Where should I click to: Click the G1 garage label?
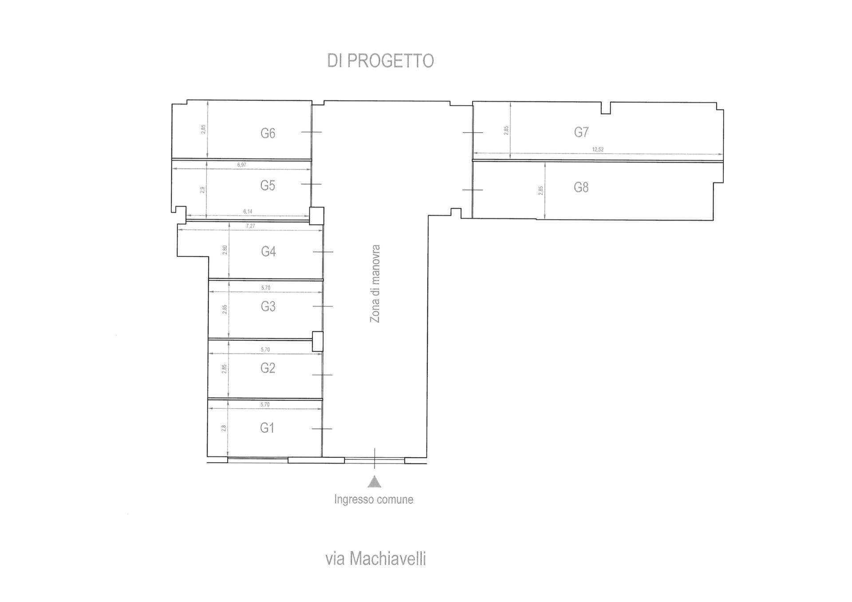(267, 428)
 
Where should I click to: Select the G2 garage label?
(268, 368)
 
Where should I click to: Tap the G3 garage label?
(268, 307)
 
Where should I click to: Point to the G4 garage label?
(268, 252)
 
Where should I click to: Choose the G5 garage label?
(268, 185)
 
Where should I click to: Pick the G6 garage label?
(268, 134)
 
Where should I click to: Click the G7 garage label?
(581, 132)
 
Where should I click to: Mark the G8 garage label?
(581, 188)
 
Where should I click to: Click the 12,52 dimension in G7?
(598, 150)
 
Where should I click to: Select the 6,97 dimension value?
(241, 165)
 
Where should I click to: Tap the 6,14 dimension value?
(248, 212)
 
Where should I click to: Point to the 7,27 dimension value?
(251, 226)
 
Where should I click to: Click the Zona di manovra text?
(375, 283)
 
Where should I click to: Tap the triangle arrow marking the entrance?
(375, 482)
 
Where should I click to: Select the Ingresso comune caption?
(374, 500)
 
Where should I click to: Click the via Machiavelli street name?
(375, 559)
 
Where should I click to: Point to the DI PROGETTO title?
(380, 61)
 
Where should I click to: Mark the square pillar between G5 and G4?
(316, 216)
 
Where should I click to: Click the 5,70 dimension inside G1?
(265, 405)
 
